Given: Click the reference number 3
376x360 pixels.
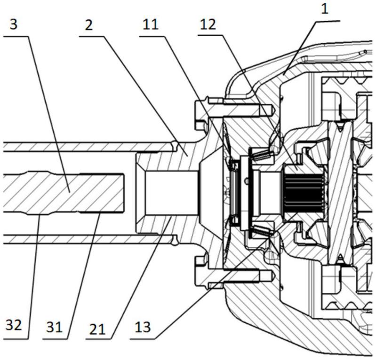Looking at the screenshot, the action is coord(14,24).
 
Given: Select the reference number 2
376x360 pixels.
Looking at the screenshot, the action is coord(89,25).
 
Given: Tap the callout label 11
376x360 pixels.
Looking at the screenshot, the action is coord(150,24).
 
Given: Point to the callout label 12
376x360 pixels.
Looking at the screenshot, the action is coord(208,24).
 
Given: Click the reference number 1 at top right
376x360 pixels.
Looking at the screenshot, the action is coord(324,9).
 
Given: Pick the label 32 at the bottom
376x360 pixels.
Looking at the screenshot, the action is coord(14,325).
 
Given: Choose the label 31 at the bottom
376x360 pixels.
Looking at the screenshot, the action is coord(55,327).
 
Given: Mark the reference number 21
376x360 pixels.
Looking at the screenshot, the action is coord(97,329).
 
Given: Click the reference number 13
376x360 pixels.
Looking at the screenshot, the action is coord(143,327).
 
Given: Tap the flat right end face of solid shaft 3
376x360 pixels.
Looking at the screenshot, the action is coord(124,193).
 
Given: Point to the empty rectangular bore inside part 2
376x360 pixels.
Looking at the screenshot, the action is coord(172,193).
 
